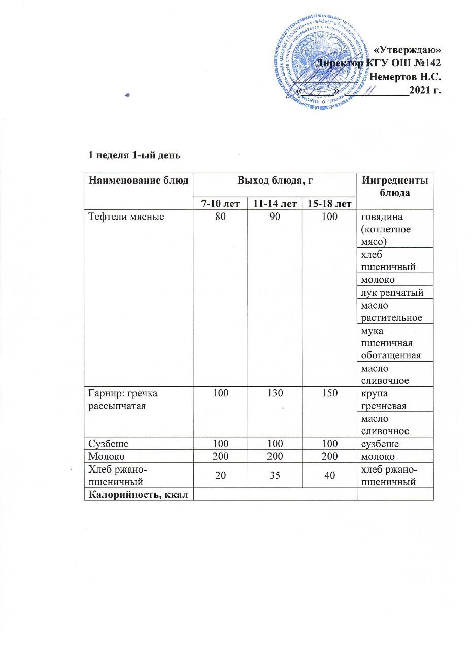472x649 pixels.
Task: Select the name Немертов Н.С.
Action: tap(405, 78)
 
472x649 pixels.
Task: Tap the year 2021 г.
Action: tap(424, 91)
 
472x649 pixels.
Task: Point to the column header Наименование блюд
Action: tap(138, 180)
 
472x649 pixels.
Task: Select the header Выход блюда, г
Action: tap(275, 180)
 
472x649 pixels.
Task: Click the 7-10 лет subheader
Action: tap(220, 204)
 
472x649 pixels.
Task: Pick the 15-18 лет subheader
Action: tap(329, 204)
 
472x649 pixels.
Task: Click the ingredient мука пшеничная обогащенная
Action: tap(390, 343)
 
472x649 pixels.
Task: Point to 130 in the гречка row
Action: tap(274, 393)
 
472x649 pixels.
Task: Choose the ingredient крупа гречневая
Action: tap(381, 399)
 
